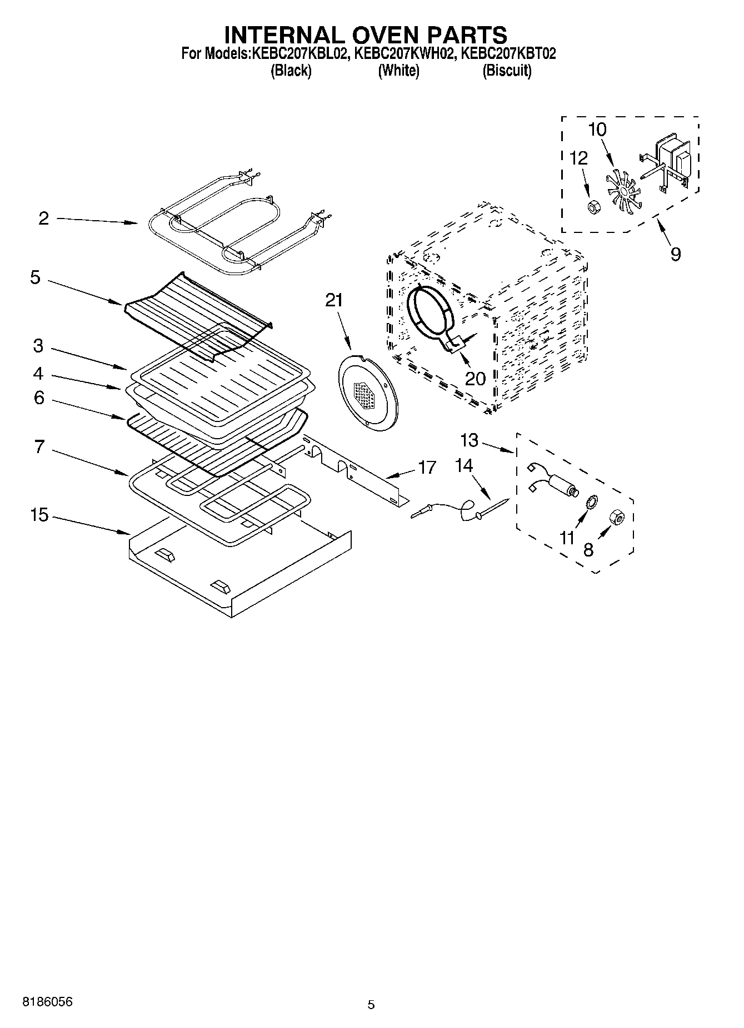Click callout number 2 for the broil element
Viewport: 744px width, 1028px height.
point(43,218)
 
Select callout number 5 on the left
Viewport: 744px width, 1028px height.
point(35,277)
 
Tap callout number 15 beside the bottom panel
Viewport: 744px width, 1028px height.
point(39,515)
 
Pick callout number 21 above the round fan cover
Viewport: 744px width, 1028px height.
point(334,301)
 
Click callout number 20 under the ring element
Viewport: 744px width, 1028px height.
point(476,379)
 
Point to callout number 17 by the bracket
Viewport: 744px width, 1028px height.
point(427,468)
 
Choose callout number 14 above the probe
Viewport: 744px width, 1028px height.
point(464,465)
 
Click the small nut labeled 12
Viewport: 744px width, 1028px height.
point(593,207)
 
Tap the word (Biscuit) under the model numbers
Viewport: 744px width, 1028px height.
point(507,71)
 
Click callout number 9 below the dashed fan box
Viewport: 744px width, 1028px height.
point(675,255)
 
